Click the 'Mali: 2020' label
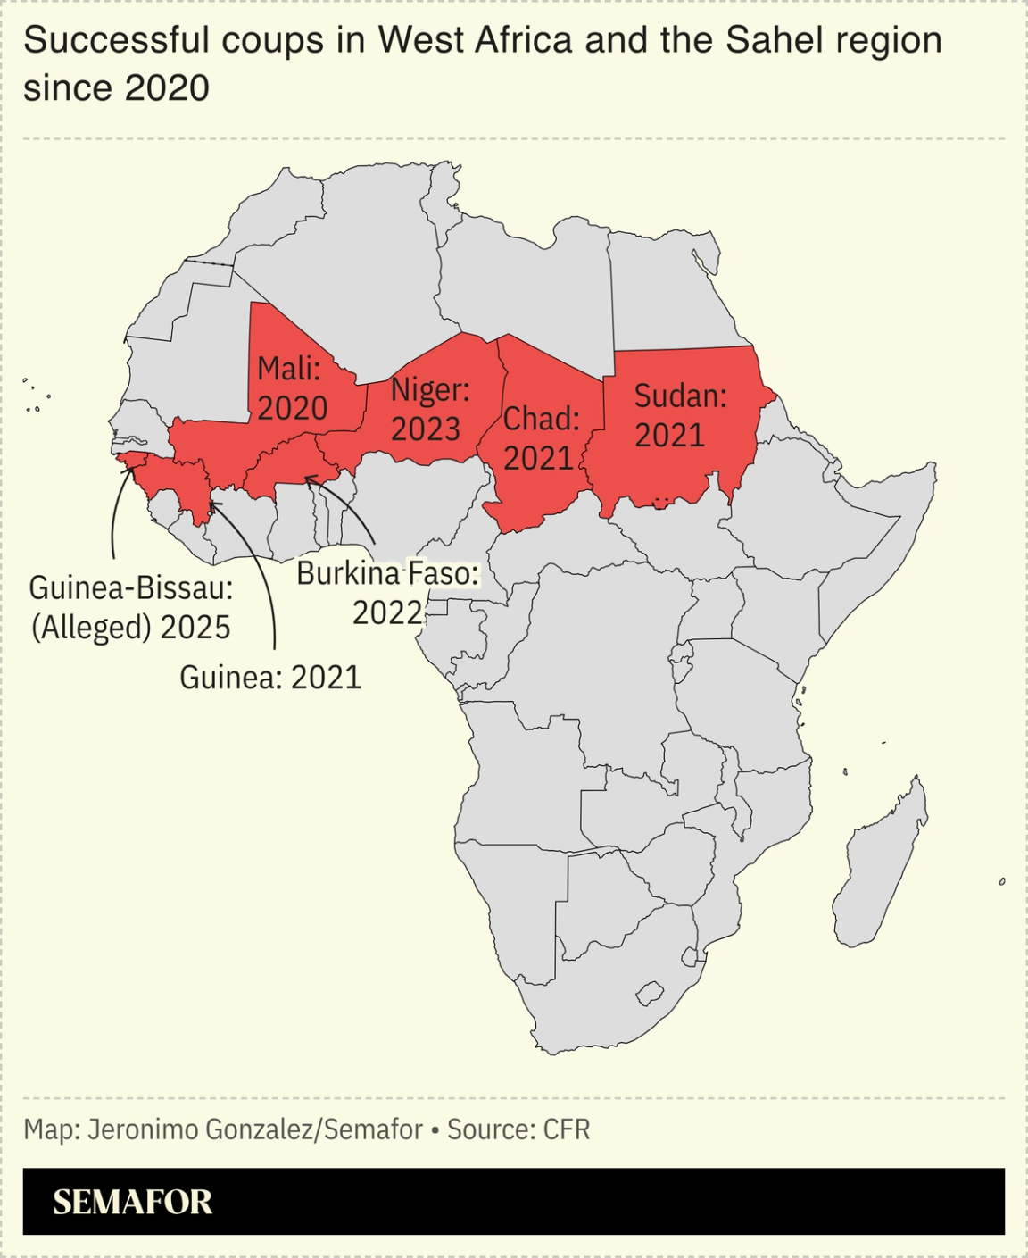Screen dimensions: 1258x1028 tap(292, 388)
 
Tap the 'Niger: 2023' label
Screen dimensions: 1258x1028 tap(428, 409)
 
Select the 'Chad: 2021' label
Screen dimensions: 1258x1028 tap(540, 438)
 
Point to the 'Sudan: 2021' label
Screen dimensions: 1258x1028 tap(679, 415)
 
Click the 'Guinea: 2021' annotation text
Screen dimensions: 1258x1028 tap(270, 678)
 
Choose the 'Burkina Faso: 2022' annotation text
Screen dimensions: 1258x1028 tap(387, 593)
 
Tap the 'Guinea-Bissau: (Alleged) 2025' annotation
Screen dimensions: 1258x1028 tap(130, 607)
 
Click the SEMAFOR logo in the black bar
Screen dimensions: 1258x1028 tap(132, 1202)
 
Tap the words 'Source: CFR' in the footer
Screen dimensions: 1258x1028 tap(518, 1129)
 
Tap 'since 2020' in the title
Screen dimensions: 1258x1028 tap(116, 87)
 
